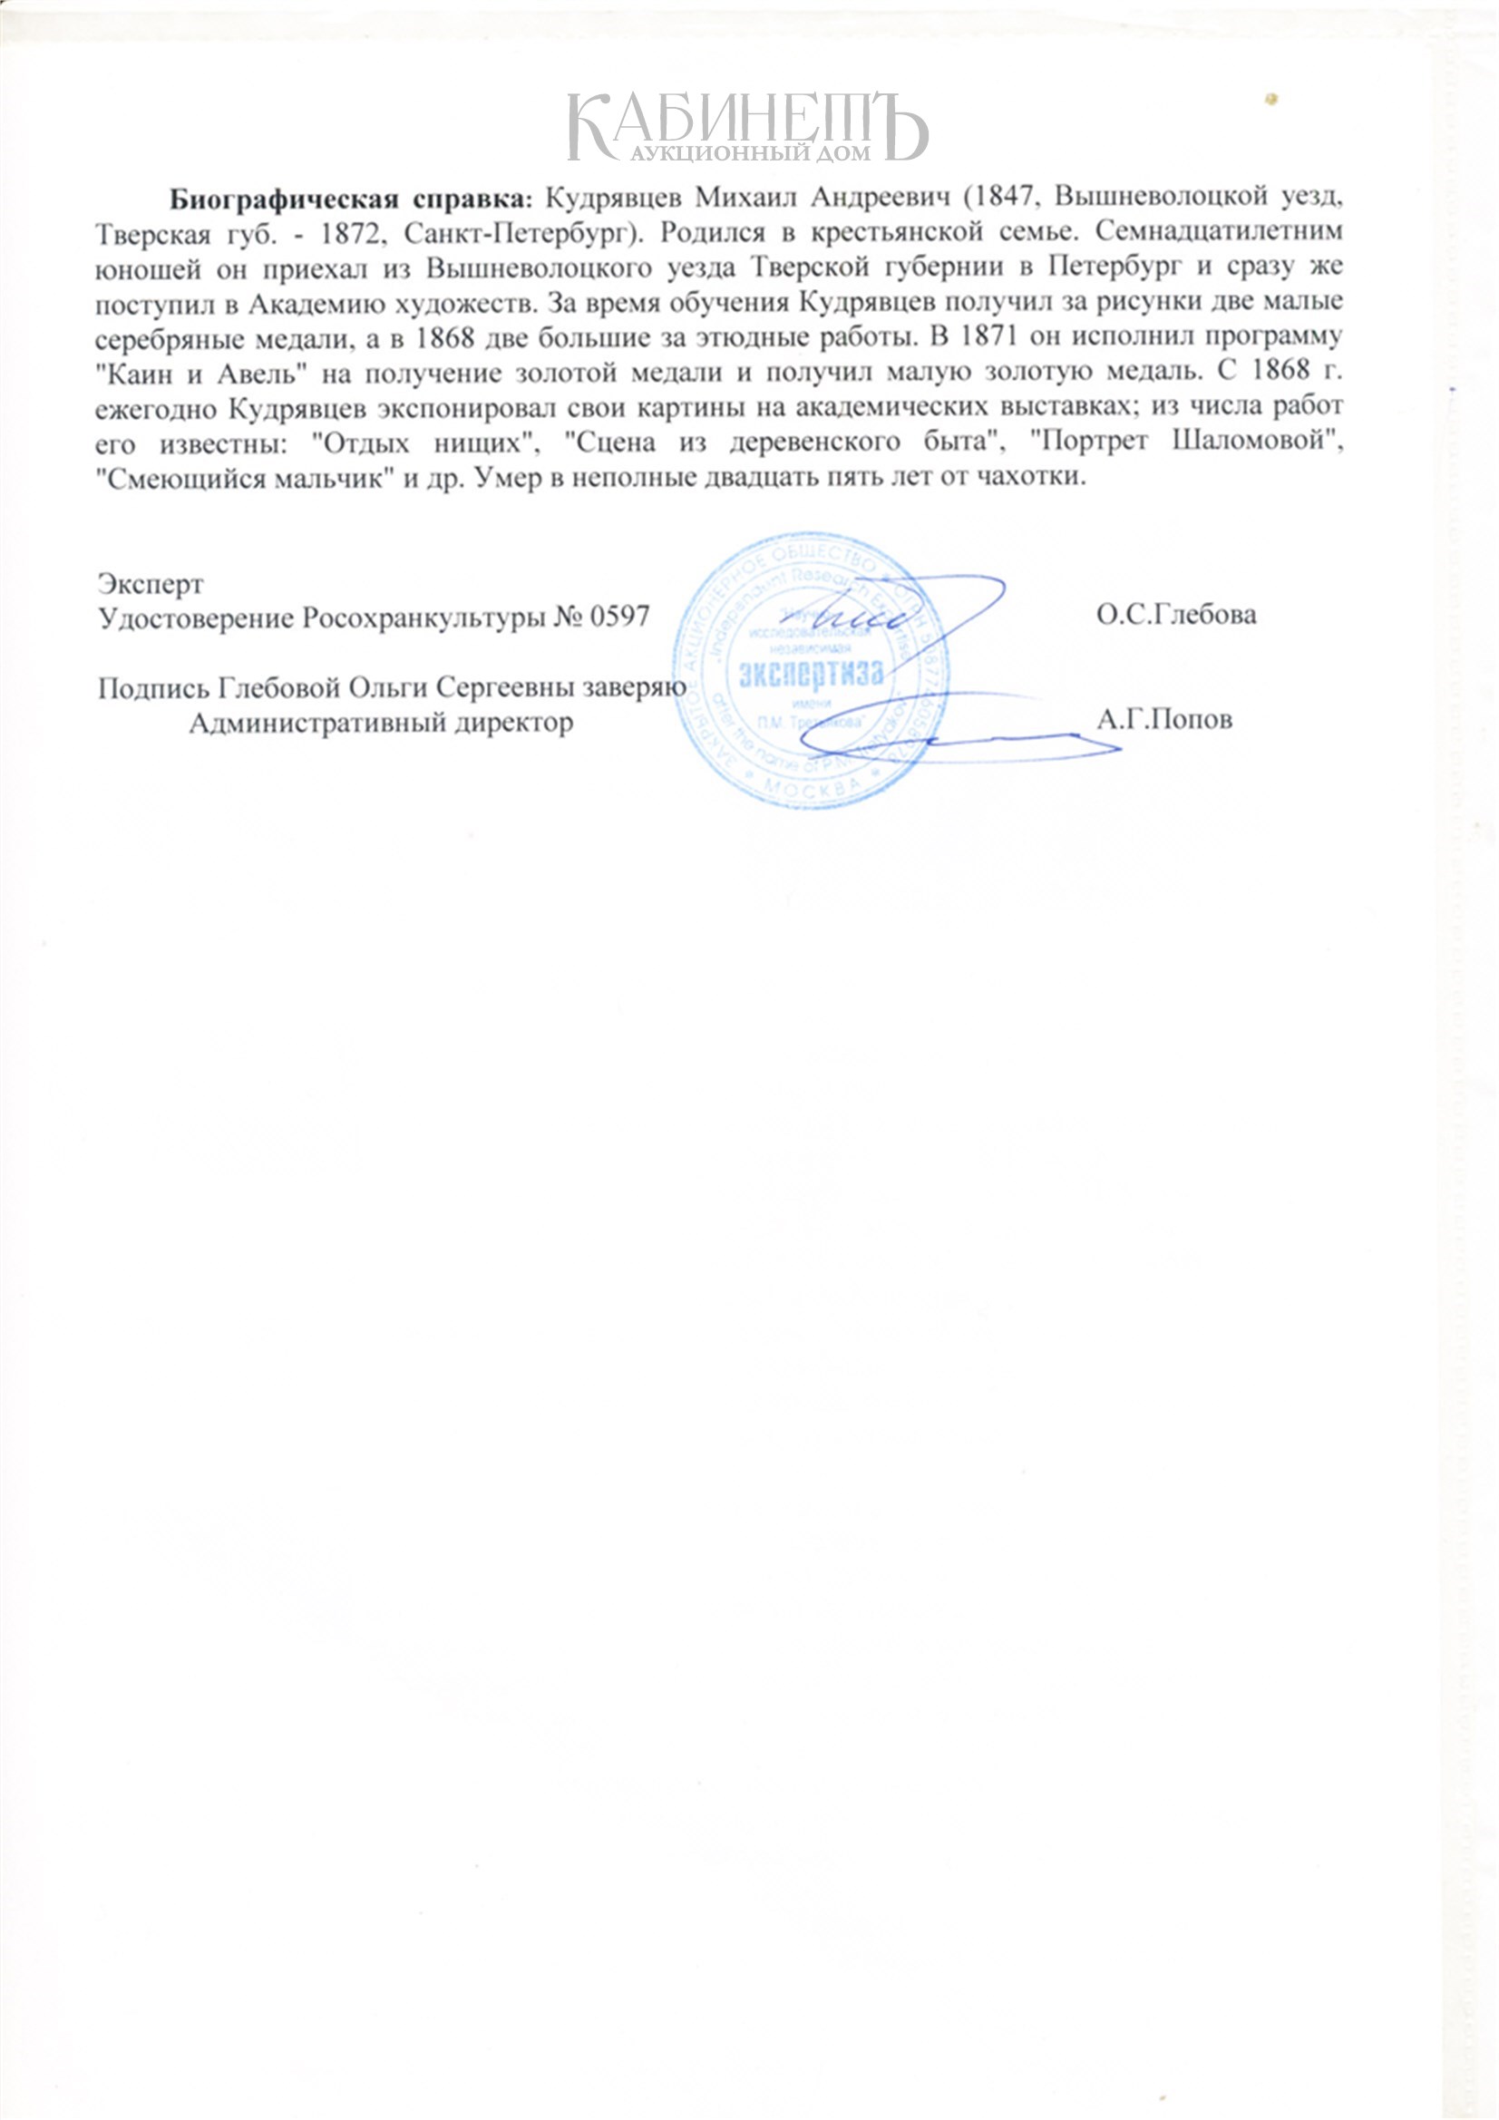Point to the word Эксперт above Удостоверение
click(x=151, y=584)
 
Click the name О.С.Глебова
click(x=1176, y=615)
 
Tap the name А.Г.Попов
click(x=1163, y=719)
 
